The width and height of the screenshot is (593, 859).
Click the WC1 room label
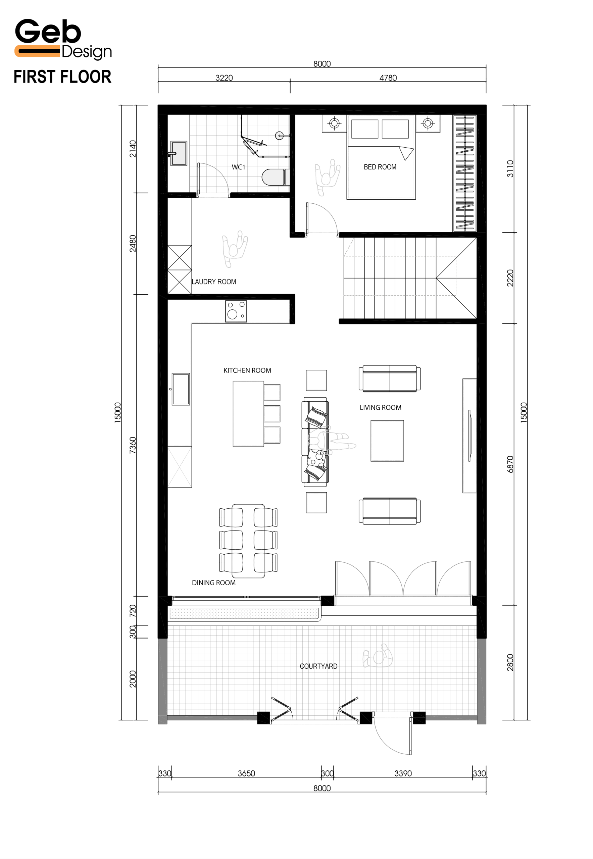pos(239,167)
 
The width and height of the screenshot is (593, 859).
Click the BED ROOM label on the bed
pos(380,167)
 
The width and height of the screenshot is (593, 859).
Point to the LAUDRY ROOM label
pos(214,282)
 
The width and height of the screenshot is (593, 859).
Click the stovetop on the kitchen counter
pos(236,311)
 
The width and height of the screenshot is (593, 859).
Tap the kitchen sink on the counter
pos(181,389)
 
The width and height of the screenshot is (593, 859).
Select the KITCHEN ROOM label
pos(247,370)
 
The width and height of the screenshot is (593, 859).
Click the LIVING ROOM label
pos(381,408)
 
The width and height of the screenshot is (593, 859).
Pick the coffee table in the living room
pos(387,441)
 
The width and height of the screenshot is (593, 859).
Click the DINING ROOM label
pos(214,583)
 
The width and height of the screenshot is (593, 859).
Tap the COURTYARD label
pos(318,666)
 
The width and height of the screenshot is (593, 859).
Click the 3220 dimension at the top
pos(224,78)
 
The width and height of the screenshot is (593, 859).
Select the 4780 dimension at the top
pos(388,78)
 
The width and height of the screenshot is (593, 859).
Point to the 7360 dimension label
pos(133,445)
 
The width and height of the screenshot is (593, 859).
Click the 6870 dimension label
pos(510,464)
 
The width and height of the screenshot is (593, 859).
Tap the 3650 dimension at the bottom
pos(246,773)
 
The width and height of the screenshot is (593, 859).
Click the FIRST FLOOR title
pos(62,77)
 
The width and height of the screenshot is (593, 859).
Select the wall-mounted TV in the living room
pos(470,436)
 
